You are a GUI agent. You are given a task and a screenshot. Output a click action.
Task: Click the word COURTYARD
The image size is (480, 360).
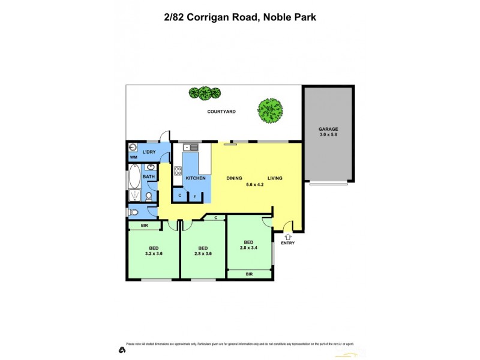click(221, 112)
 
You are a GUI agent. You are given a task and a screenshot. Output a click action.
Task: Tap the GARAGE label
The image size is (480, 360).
click(328, 129)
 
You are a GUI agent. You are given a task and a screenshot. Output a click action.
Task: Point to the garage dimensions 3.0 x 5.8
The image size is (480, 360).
click(328, 136)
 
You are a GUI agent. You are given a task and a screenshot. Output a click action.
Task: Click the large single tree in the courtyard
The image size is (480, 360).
click(270, 110)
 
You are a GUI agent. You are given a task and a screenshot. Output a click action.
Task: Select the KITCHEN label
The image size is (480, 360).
click(196, 178)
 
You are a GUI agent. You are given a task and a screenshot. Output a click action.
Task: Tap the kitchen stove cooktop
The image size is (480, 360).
click(178, 172)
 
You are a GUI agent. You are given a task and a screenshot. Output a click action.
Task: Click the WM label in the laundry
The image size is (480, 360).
click(133, 158)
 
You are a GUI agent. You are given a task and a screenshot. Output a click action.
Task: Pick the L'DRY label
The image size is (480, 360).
click(149, 152)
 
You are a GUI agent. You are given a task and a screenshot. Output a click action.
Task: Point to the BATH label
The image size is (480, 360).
click(149, 176)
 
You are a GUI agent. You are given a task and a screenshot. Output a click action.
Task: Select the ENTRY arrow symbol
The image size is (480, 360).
click(287, 235)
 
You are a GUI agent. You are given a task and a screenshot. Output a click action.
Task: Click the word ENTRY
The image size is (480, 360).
click(287, 243)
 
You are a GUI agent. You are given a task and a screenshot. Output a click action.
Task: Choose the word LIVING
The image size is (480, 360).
click(274, 178)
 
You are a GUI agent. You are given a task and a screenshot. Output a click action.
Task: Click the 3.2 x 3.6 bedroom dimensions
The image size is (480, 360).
click(154, 254)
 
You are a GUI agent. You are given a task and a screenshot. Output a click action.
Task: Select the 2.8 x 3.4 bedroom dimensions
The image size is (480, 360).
click(248, 247)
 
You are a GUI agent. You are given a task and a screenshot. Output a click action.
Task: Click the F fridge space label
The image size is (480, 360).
click(194, 196)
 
